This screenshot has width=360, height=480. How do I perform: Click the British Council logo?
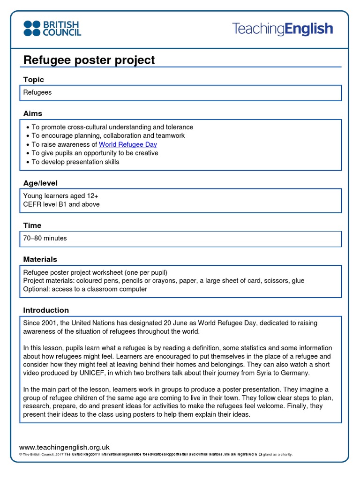pos(52,29)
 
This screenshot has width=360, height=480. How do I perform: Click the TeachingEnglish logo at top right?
pos(282,29)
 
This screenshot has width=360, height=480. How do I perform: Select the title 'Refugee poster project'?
pos(89,60)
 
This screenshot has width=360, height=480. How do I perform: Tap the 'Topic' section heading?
pos(34,80)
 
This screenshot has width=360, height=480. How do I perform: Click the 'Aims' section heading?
pos(33,113)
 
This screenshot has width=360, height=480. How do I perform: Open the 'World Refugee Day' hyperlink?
pos(128,144)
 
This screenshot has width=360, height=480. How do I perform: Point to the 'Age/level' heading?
pos(40,183)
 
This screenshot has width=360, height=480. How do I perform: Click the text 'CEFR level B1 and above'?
pos(61,204)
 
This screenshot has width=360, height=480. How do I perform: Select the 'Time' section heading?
pos(32,225)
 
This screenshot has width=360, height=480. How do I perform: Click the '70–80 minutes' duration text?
pos(45,238)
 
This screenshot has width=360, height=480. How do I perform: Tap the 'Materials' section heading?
pos(40,259)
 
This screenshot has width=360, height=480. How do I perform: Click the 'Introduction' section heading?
pos(46,310)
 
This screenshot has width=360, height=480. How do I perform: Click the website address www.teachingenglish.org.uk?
pos(64,447)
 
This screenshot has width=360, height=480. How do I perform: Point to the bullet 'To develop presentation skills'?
pos(75,162)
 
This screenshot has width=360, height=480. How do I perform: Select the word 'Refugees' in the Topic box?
pos(37,92)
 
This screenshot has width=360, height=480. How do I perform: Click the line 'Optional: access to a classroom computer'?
pos(85,289)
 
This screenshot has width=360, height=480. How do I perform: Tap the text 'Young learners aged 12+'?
pos(61,196)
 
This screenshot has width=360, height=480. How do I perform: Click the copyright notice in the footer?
pos(155,455)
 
